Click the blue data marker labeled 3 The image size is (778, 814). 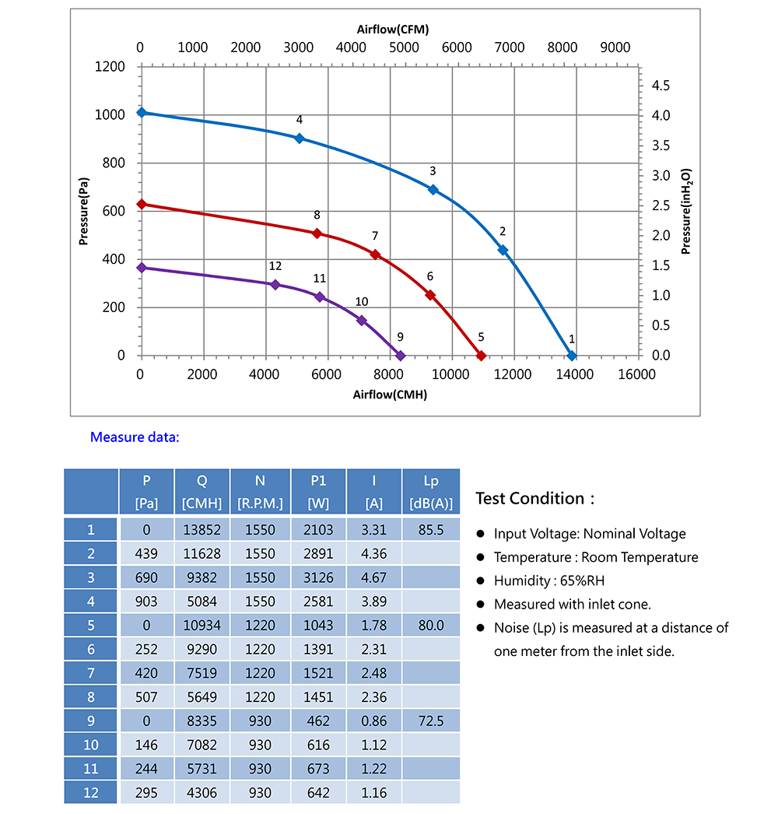pos(433,189)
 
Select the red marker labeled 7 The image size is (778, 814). pos(375,254)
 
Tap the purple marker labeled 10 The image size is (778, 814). pos(362,321)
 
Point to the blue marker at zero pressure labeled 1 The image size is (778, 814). pos(572,356)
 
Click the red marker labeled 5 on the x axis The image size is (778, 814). pos(481,356)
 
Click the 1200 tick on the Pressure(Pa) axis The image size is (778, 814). pos(110,67)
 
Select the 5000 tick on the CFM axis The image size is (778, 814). pos(404,47)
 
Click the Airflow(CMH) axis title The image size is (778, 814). pos(390,395)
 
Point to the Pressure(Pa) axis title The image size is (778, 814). pos(83,211)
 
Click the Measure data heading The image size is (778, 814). pos(135,437)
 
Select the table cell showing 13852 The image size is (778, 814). pos(202,530)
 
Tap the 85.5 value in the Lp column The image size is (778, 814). pos(430,530)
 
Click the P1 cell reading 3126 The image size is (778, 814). pos(318,577)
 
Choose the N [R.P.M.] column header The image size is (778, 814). pos(260,491)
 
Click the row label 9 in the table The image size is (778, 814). pos(91,721)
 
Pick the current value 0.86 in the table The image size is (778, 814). pos(374,721)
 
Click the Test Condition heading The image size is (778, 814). pos(534,499)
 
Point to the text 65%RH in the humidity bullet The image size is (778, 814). pos(581,581)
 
